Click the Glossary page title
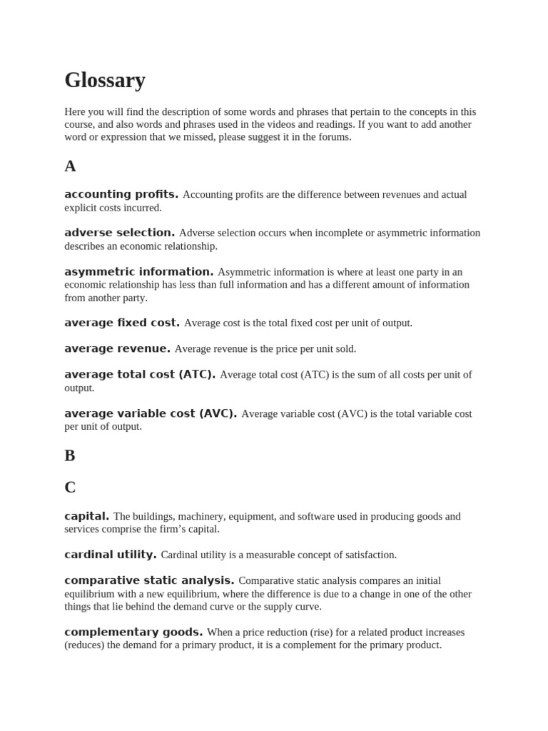(105, 81)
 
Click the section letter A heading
(70, 166)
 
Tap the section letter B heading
(70, 455)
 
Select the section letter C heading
(70, 488)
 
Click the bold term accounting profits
(121, 194)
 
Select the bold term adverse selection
(119, 233)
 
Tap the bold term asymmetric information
(138, 272)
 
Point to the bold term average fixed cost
(121, 323)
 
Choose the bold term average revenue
(117, 348)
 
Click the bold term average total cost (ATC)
(139, 374)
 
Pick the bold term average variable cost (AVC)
(150, 413)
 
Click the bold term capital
(86, 516)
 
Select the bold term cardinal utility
(110, 555)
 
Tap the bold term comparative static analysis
(149, 580)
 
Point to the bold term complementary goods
(133, 632)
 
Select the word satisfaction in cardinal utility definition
(368, 555)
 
